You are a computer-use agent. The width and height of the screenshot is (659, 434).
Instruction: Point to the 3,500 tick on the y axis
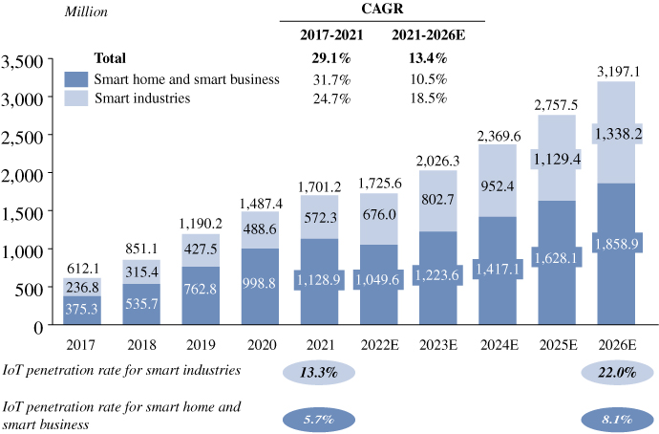click(x=22, y=61)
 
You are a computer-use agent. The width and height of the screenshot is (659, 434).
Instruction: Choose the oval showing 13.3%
click(x=319, y=372)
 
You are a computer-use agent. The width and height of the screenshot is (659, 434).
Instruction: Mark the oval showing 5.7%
click(x=319, y=419)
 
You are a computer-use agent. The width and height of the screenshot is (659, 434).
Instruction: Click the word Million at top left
click(x=86, y=11)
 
